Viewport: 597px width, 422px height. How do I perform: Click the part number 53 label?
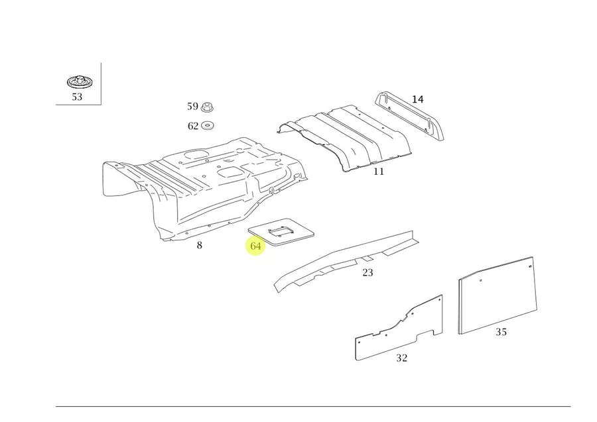[77, 97]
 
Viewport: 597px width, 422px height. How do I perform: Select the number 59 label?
[192, 106]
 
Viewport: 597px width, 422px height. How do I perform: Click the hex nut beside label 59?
[208, 106]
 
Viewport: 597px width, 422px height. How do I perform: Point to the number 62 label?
[192, 126]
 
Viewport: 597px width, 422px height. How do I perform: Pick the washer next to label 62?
[208, 125]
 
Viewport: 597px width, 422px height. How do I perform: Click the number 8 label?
[199, 246]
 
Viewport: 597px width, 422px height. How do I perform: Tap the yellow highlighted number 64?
[256, 246]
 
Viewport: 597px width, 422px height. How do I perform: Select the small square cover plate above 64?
[281, 232]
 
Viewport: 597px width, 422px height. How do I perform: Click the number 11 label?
[378, 172]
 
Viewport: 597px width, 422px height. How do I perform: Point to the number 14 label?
[417, 99]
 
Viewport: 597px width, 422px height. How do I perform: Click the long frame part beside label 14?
[408, 115]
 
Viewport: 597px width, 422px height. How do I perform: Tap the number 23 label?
[367, 272]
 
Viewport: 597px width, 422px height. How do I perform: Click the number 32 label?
[401, 358]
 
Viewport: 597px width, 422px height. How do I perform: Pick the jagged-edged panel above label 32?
[398, 331]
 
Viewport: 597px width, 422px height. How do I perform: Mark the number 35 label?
[501, 332]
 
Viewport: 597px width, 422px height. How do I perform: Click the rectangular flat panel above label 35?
[496, 295]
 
